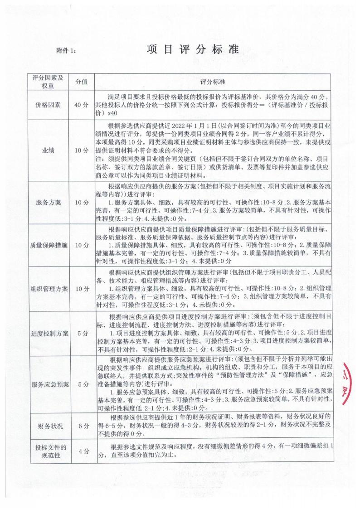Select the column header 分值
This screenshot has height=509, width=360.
click(x=81, y=82)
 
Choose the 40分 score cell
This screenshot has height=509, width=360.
click(x=81, y=105)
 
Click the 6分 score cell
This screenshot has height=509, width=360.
click(x=81, y=427)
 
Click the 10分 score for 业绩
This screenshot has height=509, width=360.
click(x=81, y=150)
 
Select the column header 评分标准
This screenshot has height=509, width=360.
click(x=216, y=82)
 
